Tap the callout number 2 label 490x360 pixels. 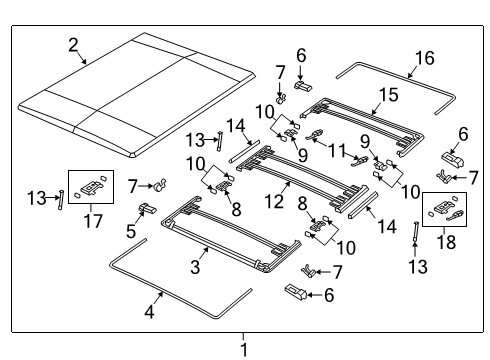tap(73, 43)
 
